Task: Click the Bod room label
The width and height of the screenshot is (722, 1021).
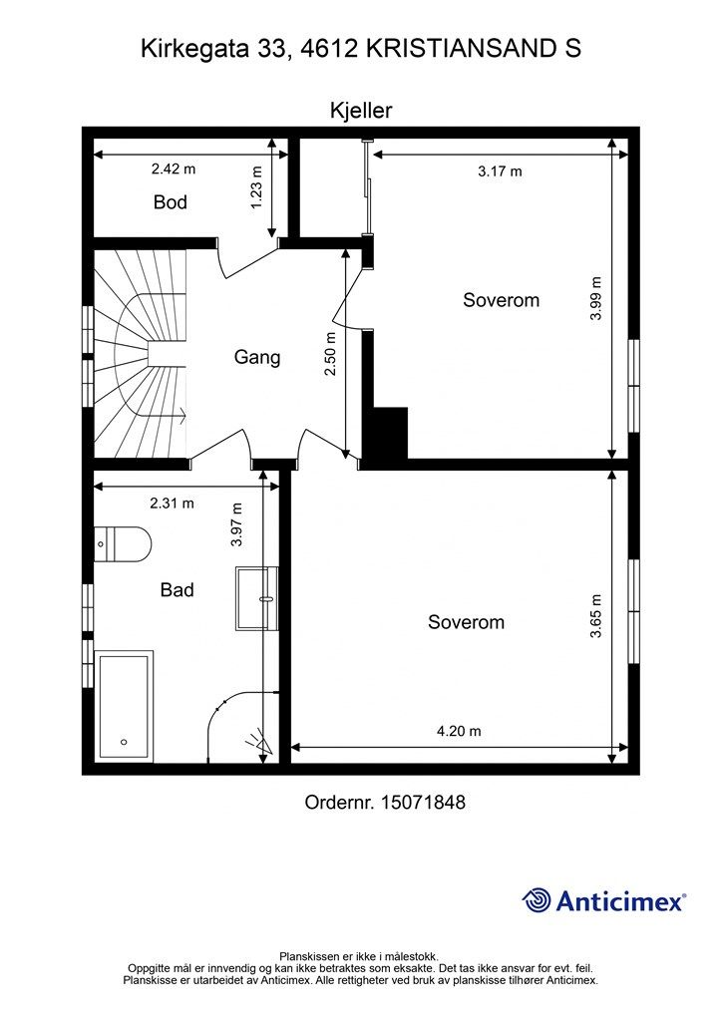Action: click(171, 201)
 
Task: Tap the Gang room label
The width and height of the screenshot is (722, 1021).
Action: click(257, 357)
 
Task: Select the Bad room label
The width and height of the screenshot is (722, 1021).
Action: click(178, 590)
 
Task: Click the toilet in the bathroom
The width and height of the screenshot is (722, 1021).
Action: click(123, 543)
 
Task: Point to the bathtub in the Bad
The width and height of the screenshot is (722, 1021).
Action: click(124, 706)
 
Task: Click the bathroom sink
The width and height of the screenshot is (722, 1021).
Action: click(257, 598)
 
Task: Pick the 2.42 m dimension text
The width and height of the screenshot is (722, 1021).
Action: click(174, 170)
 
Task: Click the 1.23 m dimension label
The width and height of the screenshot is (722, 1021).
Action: click(256, 186)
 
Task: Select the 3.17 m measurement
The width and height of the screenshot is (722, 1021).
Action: click(500, 171)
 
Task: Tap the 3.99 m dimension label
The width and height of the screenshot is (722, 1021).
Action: click(595, 299)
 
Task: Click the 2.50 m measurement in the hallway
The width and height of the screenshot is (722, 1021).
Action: click(331, 354)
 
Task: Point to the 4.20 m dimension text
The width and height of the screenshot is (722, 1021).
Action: click(459, 731)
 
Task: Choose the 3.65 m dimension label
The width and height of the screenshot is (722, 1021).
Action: click(595, 615)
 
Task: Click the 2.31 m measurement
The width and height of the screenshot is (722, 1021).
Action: click(172, 504)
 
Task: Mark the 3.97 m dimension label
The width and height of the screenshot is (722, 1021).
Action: click(236, 524)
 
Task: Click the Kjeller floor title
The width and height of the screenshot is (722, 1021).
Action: click(361, 111)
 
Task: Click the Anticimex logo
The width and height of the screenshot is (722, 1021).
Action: click(603, 901)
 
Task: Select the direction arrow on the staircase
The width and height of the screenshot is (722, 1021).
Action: click(180, 413)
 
